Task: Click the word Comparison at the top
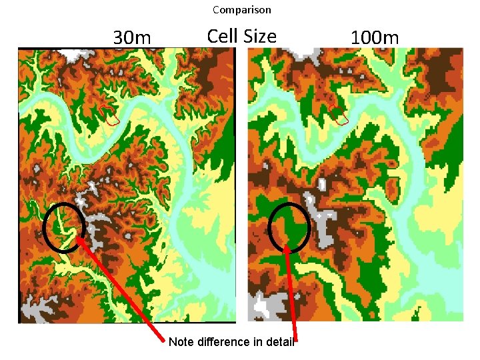[x=241, y=10]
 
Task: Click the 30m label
[x=132, y=37]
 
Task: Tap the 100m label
[x=375, y=37]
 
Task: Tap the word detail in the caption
[x=278, y=342]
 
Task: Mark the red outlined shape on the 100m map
[x=339, y=115]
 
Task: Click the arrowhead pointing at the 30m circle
[x=79, y=236]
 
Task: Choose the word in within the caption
[x=254, y=342]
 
